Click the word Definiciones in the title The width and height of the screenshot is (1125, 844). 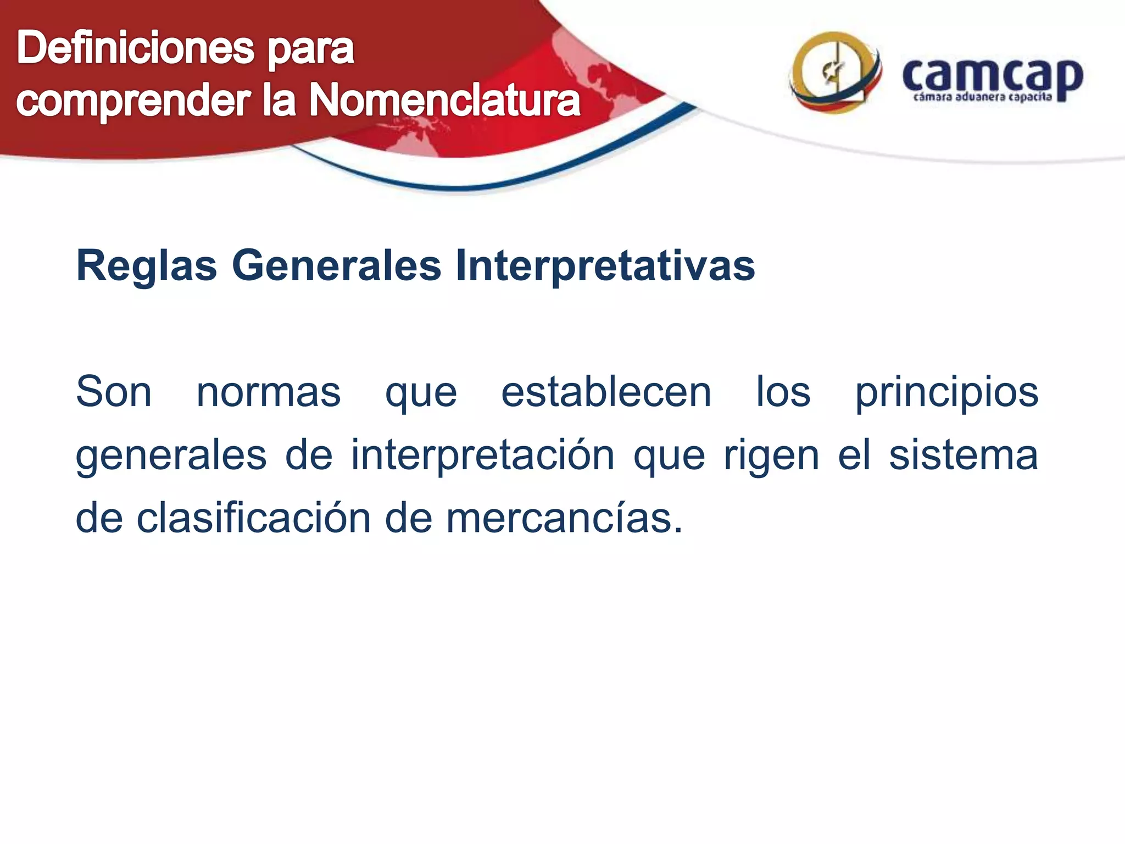point(135,48)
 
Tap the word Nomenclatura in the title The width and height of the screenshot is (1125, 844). point(444,101)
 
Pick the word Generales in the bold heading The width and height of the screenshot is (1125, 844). point(337,266)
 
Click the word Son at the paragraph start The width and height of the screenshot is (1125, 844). point(114,392)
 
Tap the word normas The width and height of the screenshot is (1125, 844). point(269,392)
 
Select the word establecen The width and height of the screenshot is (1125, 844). point(606,392)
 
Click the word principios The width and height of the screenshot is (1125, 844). point(946,393)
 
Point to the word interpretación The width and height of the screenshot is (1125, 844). point(483,456)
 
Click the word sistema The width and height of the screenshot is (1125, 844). point(964,456)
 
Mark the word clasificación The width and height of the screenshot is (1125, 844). point(254,518)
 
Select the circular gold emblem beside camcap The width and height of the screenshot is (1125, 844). point(834,73)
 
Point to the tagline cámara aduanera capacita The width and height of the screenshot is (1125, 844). point(982,98)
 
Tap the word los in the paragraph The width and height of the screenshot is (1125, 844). point(783,392)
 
